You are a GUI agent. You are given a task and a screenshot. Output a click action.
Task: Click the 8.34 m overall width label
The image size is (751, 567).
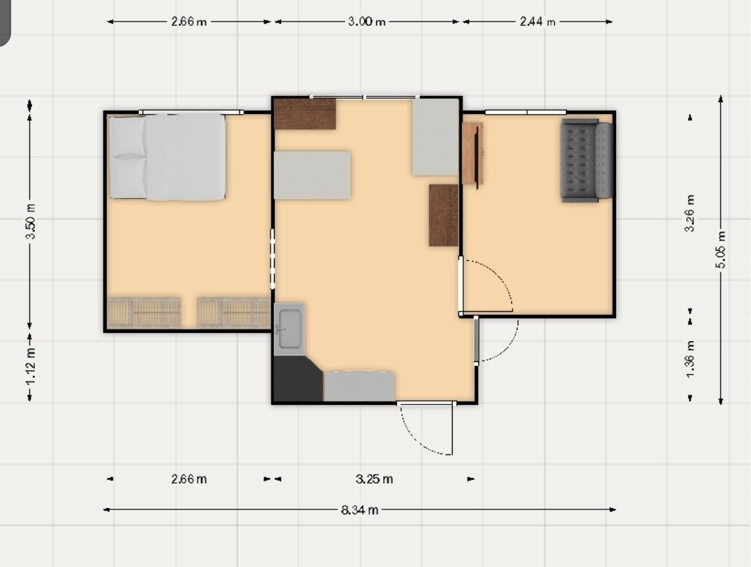point(360,510)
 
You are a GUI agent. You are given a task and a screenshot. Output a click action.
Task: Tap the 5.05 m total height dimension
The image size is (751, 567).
point(721,249)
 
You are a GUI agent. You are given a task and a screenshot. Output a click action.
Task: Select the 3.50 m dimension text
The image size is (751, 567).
point(30,221)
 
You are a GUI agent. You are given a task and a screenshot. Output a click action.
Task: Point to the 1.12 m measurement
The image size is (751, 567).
point(30,367)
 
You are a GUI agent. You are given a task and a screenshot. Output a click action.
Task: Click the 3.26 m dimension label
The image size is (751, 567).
point(691,213)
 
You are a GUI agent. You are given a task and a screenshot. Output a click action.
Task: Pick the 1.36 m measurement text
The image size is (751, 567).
point(691,359)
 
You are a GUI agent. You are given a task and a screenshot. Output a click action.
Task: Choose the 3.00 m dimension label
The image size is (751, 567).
point(367,22)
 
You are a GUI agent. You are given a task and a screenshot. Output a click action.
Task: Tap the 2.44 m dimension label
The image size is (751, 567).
point(538,22)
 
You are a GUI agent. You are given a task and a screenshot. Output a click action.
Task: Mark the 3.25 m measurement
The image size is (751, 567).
point(375,479)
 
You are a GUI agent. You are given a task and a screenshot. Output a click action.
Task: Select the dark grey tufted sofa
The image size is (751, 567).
point(587,161)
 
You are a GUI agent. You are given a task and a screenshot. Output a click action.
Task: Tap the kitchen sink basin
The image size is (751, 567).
point(289,329)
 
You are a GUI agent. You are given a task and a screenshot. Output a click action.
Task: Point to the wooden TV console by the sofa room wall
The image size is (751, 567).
point(472,154)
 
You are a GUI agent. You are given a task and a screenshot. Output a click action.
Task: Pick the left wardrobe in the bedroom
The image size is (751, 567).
point(144,313)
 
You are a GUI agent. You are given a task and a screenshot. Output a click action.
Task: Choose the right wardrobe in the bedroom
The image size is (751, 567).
point(234,313)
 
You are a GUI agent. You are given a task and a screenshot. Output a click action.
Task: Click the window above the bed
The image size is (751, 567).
point(191,113)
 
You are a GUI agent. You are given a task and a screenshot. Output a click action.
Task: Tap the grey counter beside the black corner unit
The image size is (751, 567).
point(360,386)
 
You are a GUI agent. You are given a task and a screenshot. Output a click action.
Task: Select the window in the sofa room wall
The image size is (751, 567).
point(526,113)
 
